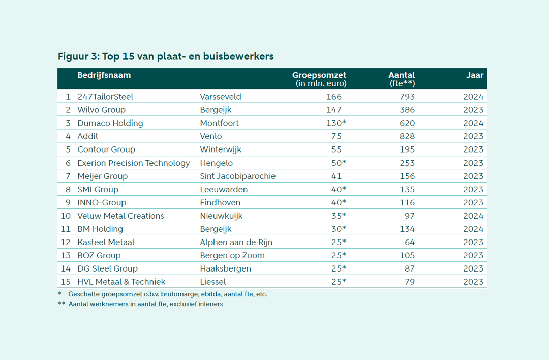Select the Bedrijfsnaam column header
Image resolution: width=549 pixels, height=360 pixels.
click(x=104, y=75)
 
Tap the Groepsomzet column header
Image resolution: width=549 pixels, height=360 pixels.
click(x=319, y=75)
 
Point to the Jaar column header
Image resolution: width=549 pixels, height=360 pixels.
click(x=475, y=75)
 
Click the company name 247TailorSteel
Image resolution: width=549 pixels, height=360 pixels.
click(x=105, y=97)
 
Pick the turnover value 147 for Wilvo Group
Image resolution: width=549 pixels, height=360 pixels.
click(x=334, y=110)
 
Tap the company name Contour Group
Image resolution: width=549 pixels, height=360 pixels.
click(x=106, y=149)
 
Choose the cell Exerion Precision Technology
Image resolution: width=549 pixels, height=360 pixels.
click(x=134, y=163)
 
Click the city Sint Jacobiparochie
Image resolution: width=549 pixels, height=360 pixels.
click(x=238, y=176)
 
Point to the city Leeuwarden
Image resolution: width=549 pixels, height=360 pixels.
click(x=224, y=189)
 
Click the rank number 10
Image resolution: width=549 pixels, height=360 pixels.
click(x=66, y=216)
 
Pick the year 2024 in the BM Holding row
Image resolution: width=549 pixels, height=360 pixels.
click(x=473, y=229)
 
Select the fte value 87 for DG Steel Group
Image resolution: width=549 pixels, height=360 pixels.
click(x=409, y=268)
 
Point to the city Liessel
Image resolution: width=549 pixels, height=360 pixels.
click(x=213, y=282)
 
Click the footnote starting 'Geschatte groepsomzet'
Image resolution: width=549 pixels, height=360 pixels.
click(x=168, y=294)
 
